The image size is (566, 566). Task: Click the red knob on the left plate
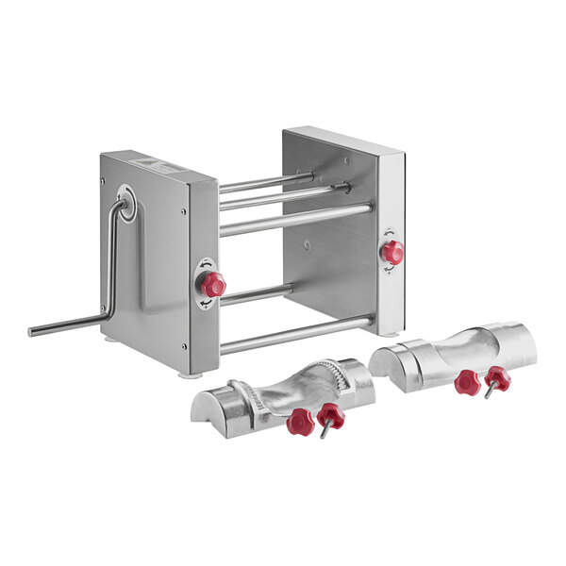215,284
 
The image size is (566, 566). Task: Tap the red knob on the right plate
392,252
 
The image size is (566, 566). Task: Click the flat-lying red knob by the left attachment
299,423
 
